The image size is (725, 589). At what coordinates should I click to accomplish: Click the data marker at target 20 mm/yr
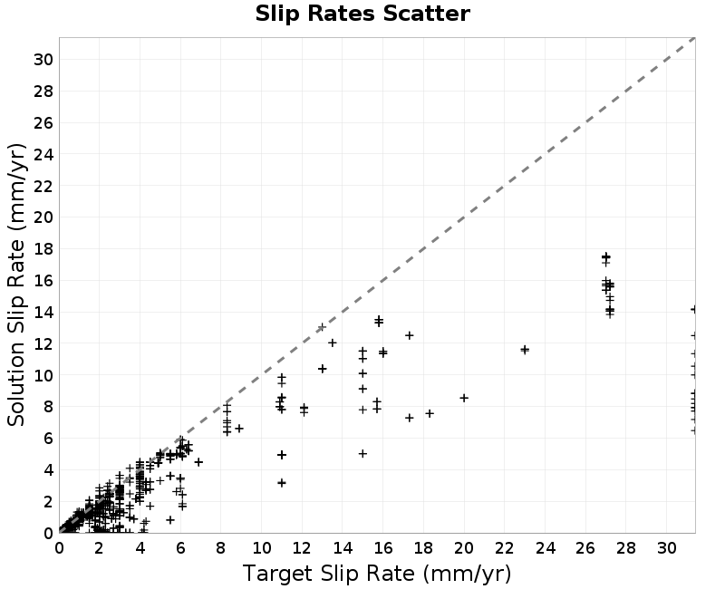(464, 398)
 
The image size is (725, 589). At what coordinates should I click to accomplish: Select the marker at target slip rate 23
(525, 350)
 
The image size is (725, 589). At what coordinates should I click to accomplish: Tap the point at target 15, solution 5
(363, 454)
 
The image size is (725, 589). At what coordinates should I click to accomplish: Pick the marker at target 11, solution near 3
(282, 483)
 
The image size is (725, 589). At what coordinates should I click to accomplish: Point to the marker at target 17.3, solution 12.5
(410, 335)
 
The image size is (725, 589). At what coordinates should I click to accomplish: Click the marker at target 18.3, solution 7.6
(430, 413)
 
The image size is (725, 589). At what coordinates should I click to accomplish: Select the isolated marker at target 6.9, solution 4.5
(198, 462)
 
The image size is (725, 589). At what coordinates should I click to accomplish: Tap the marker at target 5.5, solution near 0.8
(170, 519)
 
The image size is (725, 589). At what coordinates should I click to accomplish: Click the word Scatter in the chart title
(427, 14)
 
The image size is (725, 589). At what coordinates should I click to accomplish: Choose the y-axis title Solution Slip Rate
(16, 285)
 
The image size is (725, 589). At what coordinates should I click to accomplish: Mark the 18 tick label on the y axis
(43, 248)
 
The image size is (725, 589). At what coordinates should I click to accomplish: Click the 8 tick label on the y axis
(48, 406)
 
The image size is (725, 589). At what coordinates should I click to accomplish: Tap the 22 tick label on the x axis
(505, 548)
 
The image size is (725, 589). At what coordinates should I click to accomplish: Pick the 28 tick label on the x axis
(626, 548)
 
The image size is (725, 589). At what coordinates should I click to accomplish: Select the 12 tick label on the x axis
(302, 548)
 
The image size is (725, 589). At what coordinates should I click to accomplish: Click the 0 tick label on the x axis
(59, 548)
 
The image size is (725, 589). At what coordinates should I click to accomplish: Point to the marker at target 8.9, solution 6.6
(239, 429)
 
